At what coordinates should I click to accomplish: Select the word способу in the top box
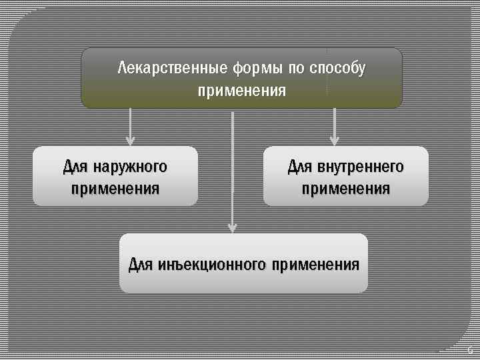coord(337,68)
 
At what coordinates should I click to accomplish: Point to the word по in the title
coord(295,68)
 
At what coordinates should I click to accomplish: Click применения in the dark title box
coord(241,90)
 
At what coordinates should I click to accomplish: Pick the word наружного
coord(131,166)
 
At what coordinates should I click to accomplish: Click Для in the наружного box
coord(76,166)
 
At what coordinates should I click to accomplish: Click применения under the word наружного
coord(115,188)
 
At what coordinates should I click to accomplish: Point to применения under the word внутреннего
coord(346,188)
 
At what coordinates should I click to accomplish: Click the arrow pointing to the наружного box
coord(130,127)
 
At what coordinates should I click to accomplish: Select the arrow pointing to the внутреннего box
coord(335,127)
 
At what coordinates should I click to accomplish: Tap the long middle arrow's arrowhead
coord(232,227)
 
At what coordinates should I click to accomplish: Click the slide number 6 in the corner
coord(469,349)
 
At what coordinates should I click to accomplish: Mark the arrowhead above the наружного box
coord(130,141)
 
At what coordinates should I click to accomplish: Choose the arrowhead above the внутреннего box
coord(335,141)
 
